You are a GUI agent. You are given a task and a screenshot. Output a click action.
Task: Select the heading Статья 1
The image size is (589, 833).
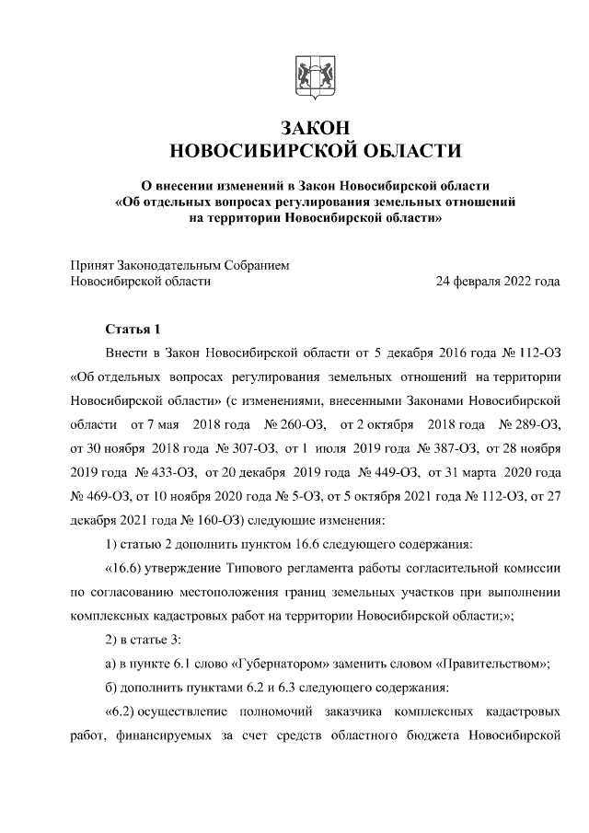click(133, 329)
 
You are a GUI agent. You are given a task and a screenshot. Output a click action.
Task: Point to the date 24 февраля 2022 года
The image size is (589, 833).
click(498, 282)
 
